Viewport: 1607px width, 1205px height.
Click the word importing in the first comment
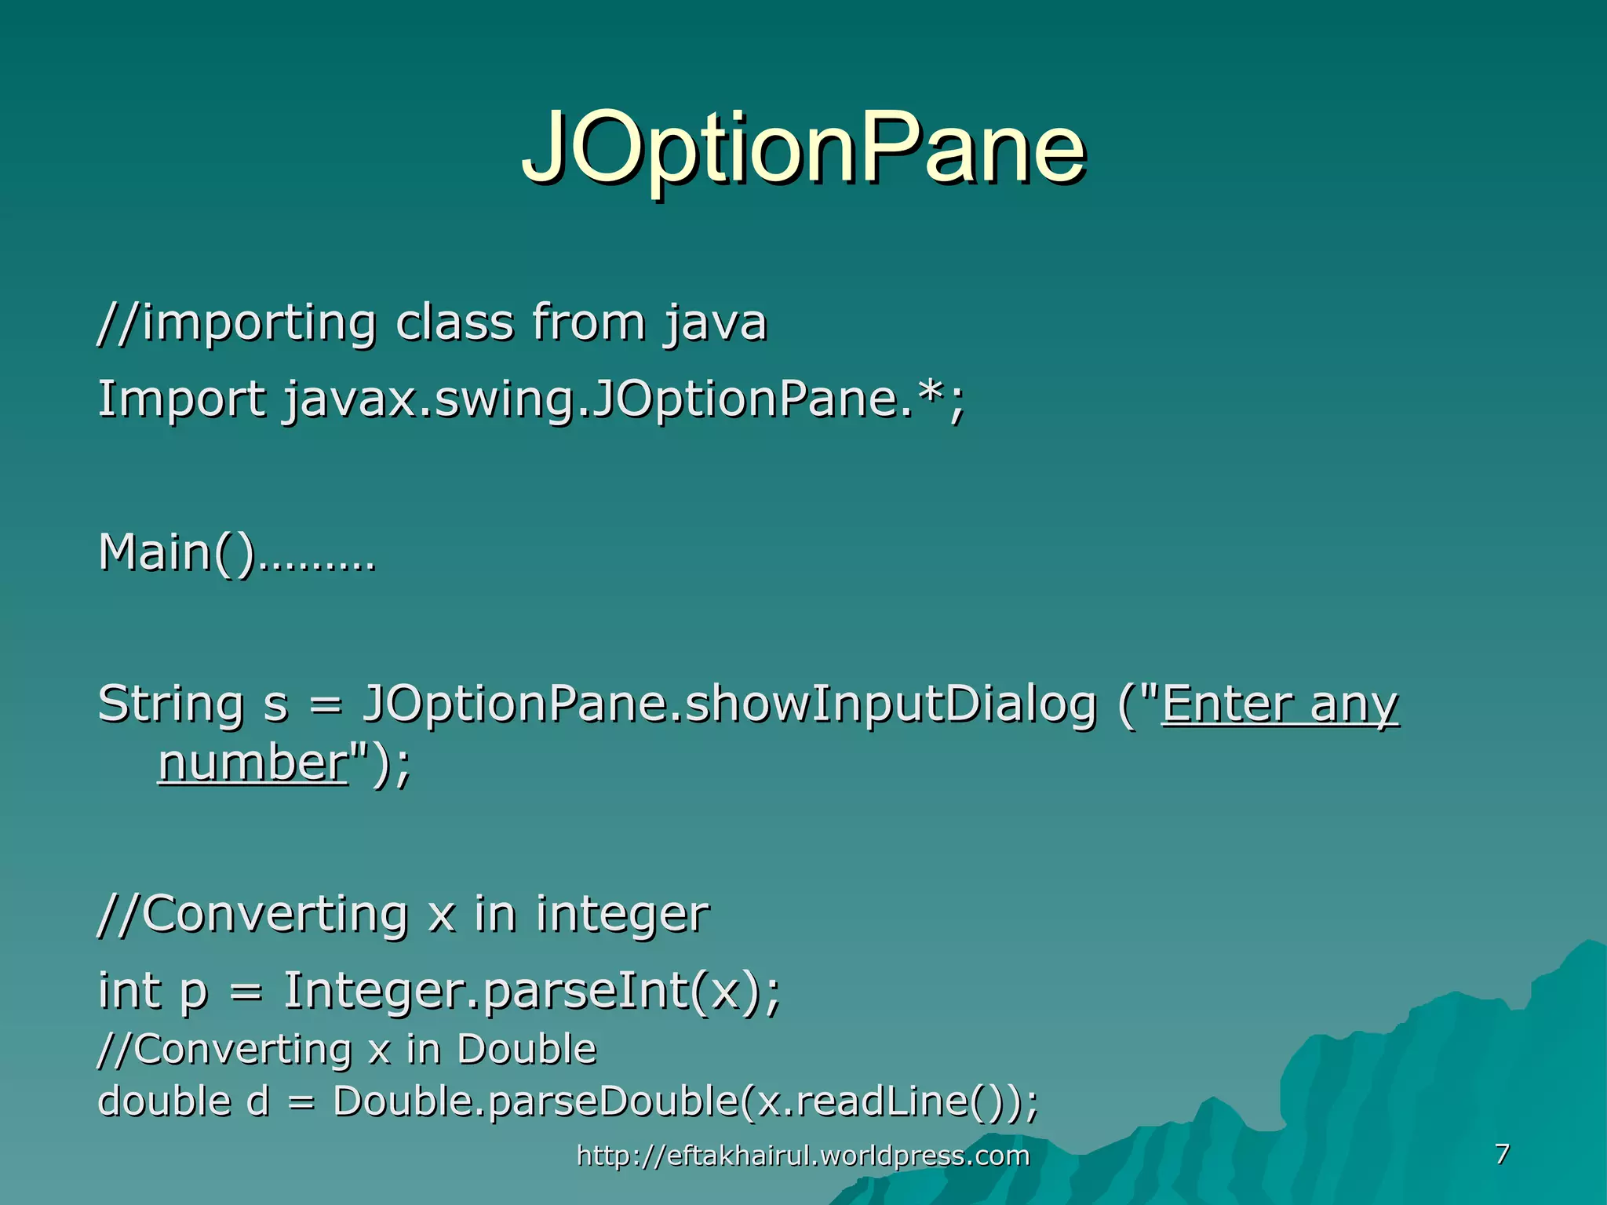[x=259, y=322]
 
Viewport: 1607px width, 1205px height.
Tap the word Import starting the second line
[x=181, y=399]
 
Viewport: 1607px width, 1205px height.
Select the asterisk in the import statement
[x=932, y=392]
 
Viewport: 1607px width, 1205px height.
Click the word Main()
[x=177, y=552]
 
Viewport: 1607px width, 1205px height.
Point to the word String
[x=170, y=704]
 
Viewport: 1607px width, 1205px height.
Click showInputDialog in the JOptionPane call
[x=891, y=704]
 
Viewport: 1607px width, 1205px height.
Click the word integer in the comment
[x=622, y=915]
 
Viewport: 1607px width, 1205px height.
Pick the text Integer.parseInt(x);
[x=532, y=991]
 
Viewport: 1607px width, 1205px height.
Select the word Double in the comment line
[x=527, y=1050]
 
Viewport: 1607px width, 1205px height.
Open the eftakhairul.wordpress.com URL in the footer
[x=803, y=1156]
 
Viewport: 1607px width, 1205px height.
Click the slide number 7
[x=1502, y=1154]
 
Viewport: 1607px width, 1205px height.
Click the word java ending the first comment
[x=715, y=324]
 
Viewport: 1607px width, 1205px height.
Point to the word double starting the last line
[x=164, y=1101]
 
